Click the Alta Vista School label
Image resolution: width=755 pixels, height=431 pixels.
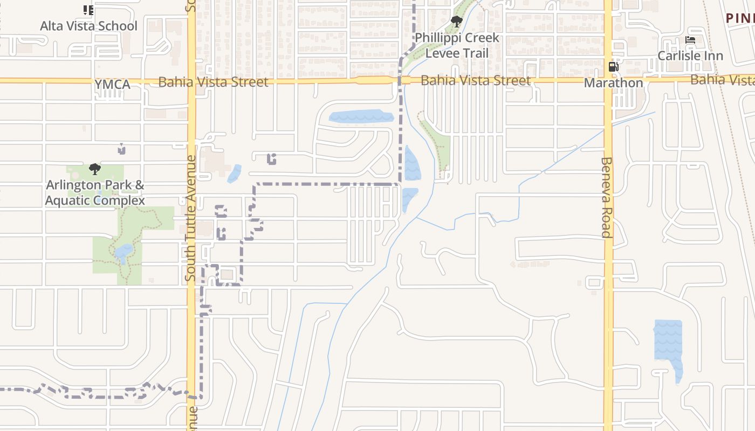coord(89,26)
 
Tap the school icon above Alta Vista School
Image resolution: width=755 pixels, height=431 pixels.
coord(88,10)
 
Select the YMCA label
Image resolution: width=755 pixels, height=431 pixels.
coord(113,85)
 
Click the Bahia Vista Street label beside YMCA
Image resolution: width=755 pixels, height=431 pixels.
coord(213,82)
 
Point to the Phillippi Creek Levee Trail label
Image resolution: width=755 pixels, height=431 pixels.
coord(457,46)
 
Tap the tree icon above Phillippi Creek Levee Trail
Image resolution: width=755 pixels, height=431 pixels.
coord(457,22)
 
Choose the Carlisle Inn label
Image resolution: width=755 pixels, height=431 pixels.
coord(690,55)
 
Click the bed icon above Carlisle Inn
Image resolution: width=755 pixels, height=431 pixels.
coord(690,40)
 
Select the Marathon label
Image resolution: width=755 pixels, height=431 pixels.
coord(614,83)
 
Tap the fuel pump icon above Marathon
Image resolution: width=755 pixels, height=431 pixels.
coord(613,67)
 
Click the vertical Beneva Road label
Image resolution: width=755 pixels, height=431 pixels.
coord(607,197)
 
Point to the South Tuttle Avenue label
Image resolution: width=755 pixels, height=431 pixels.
coord(191,218)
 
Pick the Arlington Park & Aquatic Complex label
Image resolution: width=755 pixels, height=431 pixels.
coord(95,193)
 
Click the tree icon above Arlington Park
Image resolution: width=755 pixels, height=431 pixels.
coord(95,169)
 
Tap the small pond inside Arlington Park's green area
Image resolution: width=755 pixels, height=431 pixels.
coord(123,252)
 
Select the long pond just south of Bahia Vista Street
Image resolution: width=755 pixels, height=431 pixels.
coord(361,116)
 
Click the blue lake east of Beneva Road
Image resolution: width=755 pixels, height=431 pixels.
coord(668,342)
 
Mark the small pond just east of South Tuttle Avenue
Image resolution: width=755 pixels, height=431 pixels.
coord(235,173)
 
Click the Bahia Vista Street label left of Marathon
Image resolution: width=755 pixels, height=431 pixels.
coord(475,81)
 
